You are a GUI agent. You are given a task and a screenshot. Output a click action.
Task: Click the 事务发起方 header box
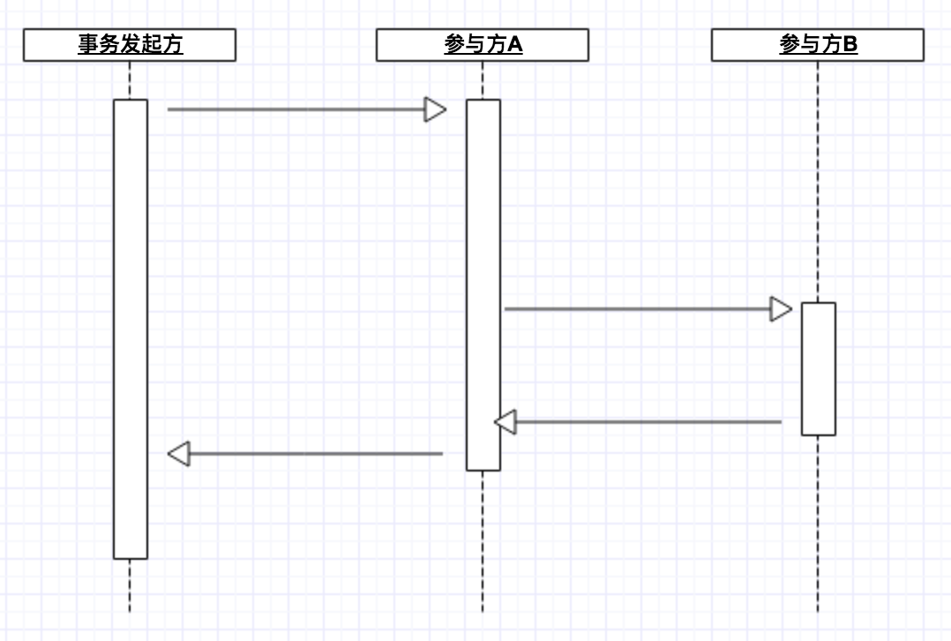[130, 45]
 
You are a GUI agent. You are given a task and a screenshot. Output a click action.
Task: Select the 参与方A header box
[482, 45]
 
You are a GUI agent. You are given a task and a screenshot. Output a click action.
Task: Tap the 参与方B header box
[817, 45]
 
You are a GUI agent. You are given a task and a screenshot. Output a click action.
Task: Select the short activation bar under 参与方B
[818, 369]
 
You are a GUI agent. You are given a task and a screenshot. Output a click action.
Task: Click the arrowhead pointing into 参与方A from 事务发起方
[436, 109]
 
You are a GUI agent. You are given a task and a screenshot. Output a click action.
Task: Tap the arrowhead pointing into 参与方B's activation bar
[781, 309]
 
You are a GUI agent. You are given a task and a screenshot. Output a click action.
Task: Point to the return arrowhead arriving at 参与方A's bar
[505, 422]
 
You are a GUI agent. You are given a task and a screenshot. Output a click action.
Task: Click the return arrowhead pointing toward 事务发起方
[179, 454]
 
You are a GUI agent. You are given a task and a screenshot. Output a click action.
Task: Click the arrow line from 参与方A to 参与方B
[635, 309]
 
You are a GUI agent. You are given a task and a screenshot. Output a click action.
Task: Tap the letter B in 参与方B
[849, 45]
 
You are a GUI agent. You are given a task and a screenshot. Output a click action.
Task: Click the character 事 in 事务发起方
[87, 45]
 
